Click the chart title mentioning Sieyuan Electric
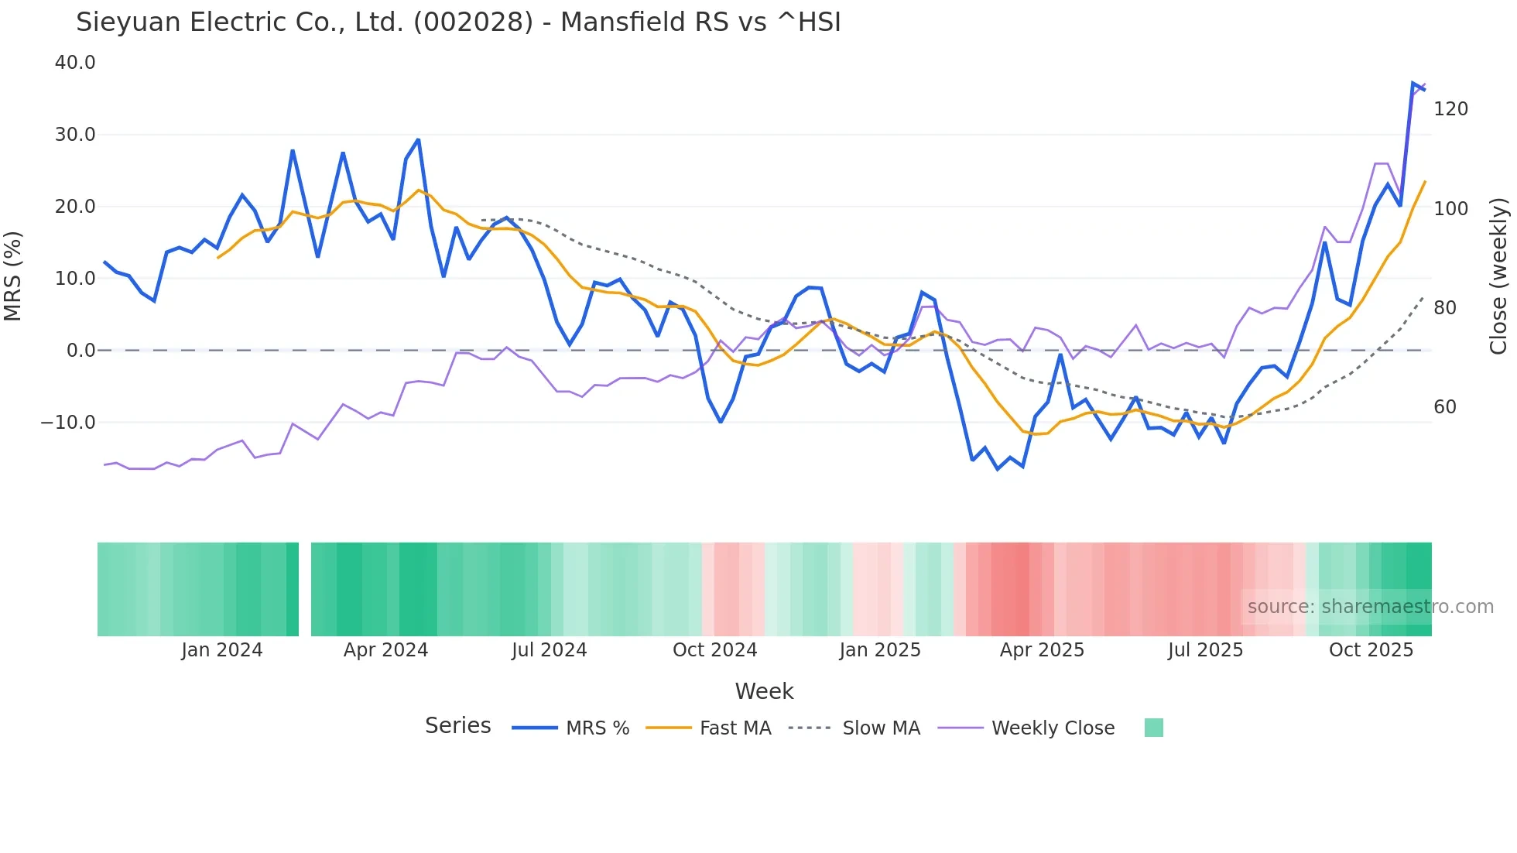coord(458,22)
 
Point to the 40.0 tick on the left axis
coord(75,63)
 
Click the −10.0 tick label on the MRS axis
coord(68,423)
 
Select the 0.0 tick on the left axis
coord(80,351)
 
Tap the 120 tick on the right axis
coord(1450,109)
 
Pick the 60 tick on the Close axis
coord(1445,407)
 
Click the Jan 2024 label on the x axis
coord(222,650)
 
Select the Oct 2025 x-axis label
coord(1371,650)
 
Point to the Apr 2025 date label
coord(1042,650)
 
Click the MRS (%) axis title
coord(13,276)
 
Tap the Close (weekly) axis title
coord(1499,276)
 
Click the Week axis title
coord(764,691)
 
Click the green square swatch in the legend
coord(1153,728)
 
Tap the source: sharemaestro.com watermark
coord(1370,607)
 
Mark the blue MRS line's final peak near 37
coord(1413,84)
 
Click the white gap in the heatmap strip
coord(305,589)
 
